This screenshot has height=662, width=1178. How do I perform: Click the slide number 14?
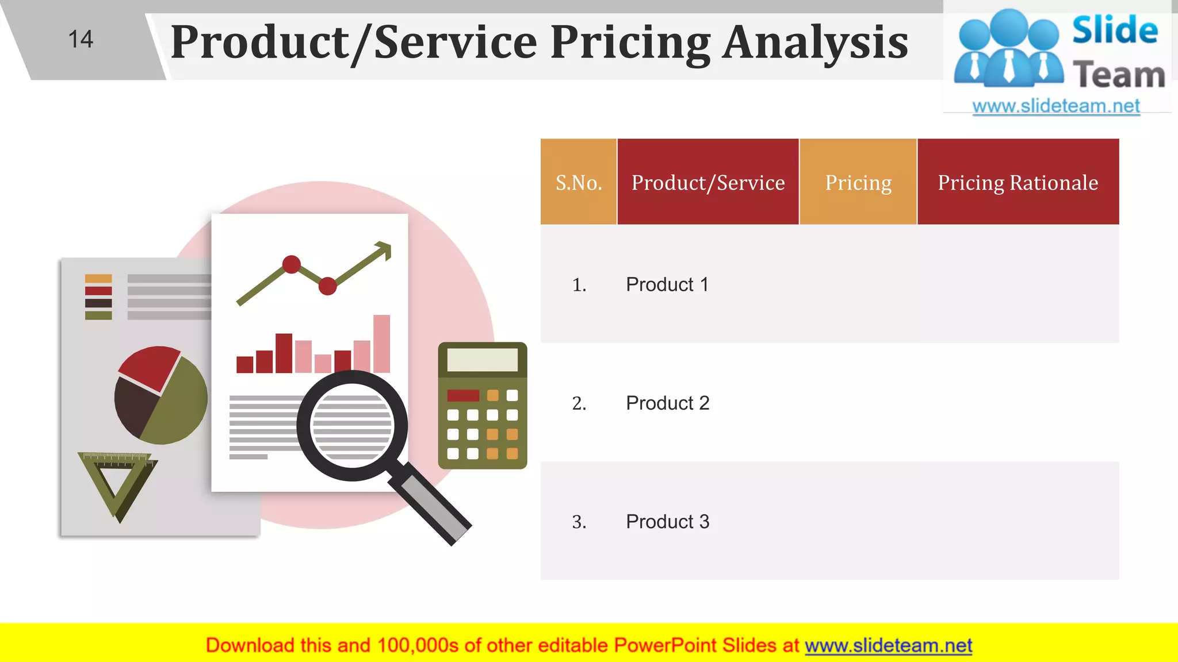(81, 40)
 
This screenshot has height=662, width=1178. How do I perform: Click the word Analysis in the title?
(815, 43)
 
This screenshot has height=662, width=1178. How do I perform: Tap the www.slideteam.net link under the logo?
(1055, 106)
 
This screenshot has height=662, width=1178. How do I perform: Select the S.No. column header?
(579, 183)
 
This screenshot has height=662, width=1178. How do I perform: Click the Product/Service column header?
(707, 183)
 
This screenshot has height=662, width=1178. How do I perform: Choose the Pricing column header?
(858, 183)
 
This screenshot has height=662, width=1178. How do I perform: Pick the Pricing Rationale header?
(1018, 183)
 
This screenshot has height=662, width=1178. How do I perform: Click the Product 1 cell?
(667, 284)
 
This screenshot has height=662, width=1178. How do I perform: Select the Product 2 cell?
(667, 403)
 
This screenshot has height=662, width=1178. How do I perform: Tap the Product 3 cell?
(667, 521)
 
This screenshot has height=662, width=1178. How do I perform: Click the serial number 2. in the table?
(579, 403)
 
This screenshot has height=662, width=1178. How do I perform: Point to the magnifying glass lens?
(351, 426)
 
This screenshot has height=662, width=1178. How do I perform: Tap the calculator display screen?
(482, 360)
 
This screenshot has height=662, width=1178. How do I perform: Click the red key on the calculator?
(463, 395)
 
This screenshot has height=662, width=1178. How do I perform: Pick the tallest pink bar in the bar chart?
(381, 344)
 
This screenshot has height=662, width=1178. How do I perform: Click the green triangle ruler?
(117, 483)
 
